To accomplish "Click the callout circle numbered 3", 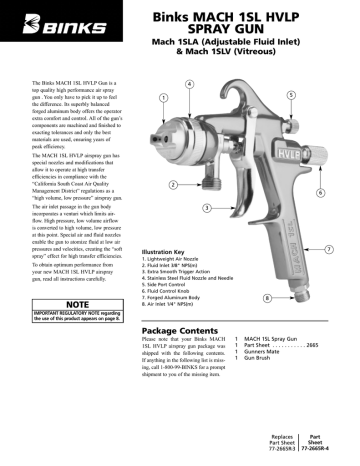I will pyautogui.click(x=206, y=207).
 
